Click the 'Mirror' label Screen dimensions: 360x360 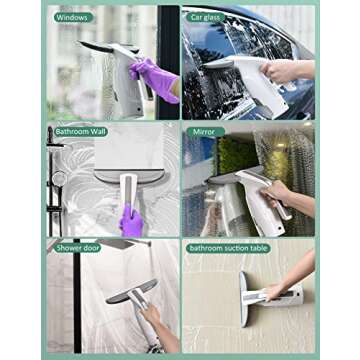pos(204,130)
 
